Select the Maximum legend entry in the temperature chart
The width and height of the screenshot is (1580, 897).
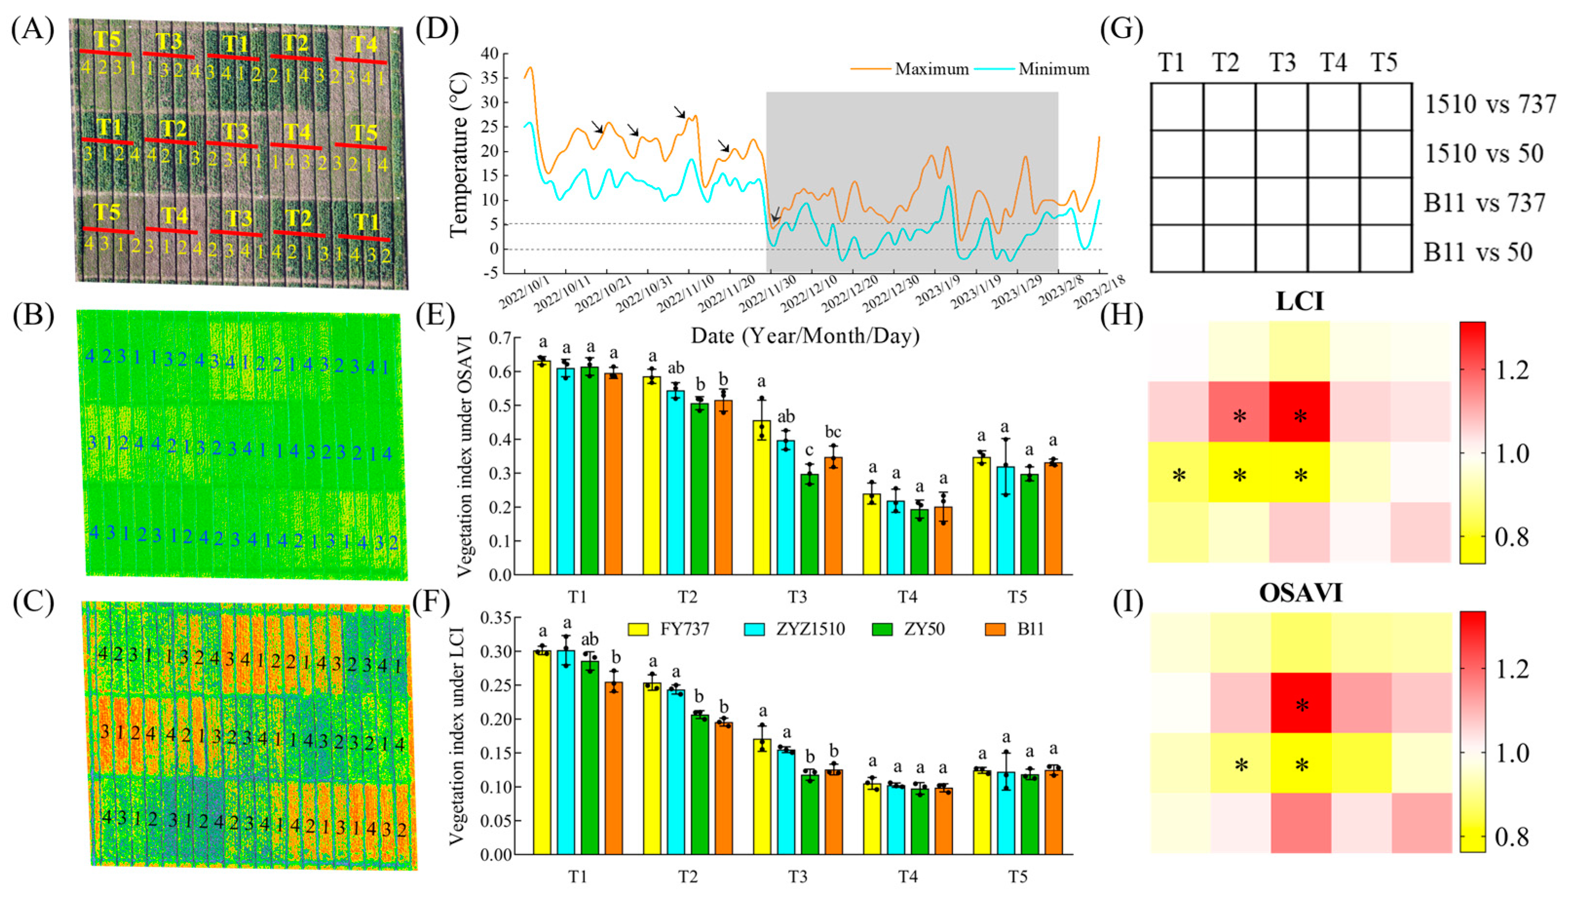tap(909, 69)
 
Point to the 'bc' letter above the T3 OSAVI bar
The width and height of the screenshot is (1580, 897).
tap(833, 432)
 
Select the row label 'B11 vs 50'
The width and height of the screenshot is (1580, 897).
tap(1478, 252)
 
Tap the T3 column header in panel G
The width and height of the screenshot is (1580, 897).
tap(1282, 62)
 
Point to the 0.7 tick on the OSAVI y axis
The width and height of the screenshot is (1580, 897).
tap(500, 338)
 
